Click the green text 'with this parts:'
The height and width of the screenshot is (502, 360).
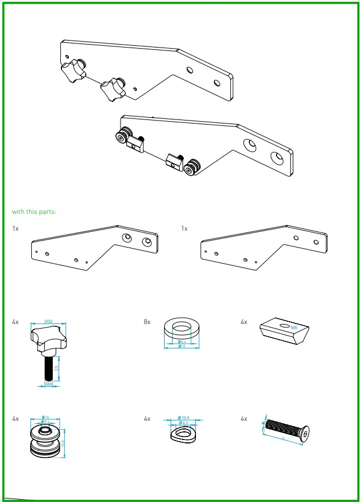pos(34,212)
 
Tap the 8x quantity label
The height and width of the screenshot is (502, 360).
pos(147,321)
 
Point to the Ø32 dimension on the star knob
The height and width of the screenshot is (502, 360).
pos(49,321)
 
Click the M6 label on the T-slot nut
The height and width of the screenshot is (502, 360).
pos(294,327)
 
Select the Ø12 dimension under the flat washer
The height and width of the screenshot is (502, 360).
pos(181,346)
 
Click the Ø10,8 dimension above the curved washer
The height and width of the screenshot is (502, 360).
pos(184,418)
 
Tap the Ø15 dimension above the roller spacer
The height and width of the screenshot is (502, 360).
pos(45,417)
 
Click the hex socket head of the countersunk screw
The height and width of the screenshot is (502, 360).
pos(305,433)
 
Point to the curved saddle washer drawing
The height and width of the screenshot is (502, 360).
pos(182,434)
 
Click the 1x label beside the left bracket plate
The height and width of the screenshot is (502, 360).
pos(16,229)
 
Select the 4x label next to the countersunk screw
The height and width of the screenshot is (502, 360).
pos(244,418)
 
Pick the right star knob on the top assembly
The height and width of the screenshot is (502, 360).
pos(112,89)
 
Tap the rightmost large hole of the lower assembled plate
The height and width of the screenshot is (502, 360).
pos(277,157)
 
